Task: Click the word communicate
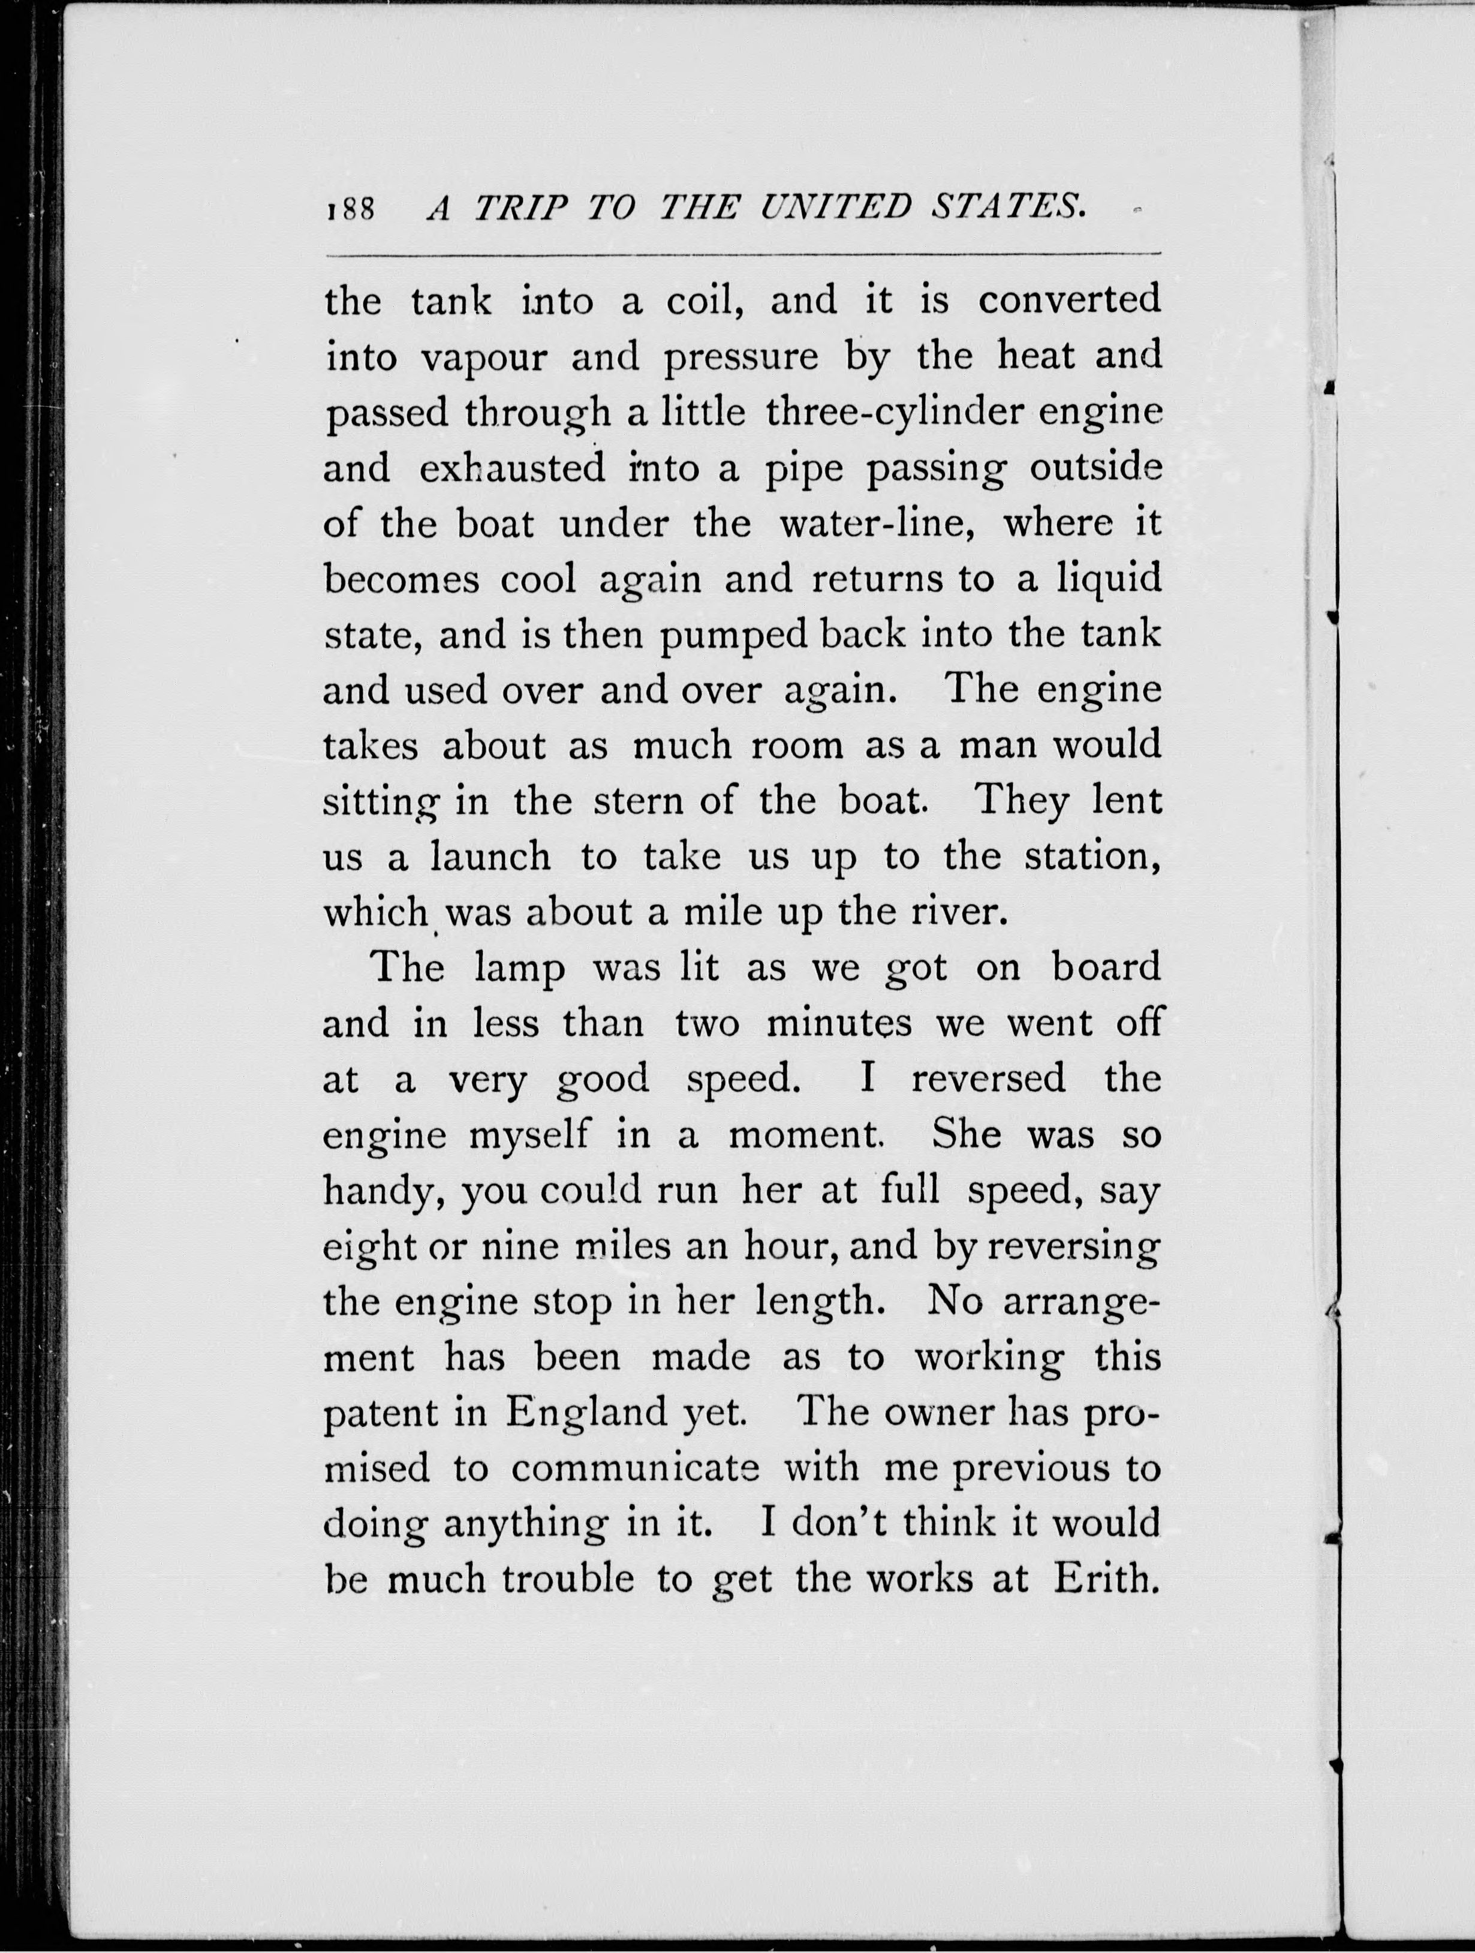(634, 1469)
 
